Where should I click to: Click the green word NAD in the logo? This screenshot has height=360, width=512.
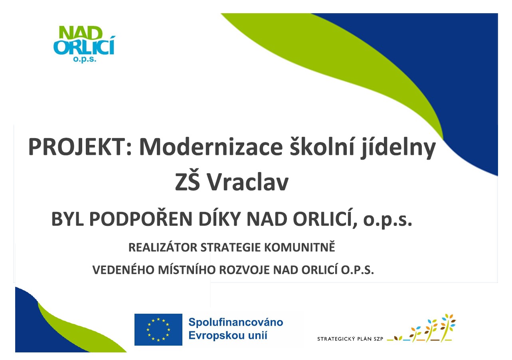pyautogui.click(x=81, y=33)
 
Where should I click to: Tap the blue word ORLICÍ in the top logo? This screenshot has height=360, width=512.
pyautogui.click(x=84, y=46)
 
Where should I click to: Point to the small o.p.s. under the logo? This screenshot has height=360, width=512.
pyautogui.click(x=85, y=59)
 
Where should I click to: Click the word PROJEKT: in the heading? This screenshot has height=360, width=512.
pyautogui.click(x=80, y=147)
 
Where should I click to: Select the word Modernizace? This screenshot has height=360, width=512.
pyautogui.click(x=211, y=147)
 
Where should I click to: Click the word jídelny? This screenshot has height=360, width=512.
pyautogui.click(x=398, y=148)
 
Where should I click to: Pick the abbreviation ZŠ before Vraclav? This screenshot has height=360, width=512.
pyautogui.click(x=188, y=180)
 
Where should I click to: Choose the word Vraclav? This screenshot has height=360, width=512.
pyautogui.click(x=248, y=181)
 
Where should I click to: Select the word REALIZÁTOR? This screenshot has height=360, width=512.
pyautogui.click(x=163, y=247)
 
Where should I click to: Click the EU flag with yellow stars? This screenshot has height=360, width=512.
pyautogui.click(x=158, y=329)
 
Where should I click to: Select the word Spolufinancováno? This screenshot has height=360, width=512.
pyautogui.click(x=236, y=322)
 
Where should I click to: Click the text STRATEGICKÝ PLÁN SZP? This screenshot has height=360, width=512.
pyautogui.click(x=350, y=339)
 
